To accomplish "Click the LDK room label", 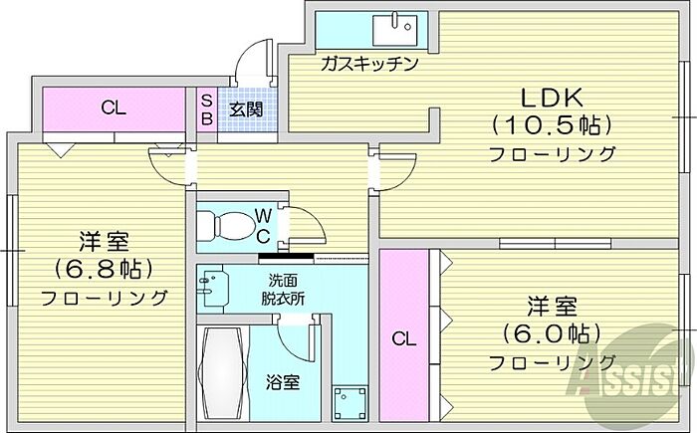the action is click(x=552, y=98).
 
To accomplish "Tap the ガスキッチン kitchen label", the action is click(x=369, y=64).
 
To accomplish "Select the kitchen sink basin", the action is click(x=395, y=30).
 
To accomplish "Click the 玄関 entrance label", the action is click(x=246, y=109).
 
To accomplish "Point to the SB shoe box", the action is click(x=207, y=109).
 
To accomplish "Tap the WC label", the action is click(x=263, y=227).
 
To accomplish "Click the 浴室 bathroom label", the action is click(x=282, y=382).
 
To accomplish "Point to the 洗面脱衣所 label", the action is click(x=283, y=290).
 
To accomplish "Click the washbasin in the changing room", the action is click(x=212, y=288).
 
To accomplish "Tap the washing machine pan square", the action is click(x=350, y=404).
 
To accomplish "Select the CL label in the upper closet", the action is click(x=114, y=108).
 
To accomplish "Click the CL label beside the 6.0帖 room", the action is click(x=403, y=339).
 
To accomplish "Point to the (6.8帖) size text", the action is click(x=104, y=268).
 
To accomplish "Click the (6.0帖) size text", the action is click(x=552, y=333).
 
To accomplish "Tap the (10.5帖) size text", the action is click(x=552, y=125).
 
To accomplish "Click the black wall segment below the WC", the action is click(x=286, y=257).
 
